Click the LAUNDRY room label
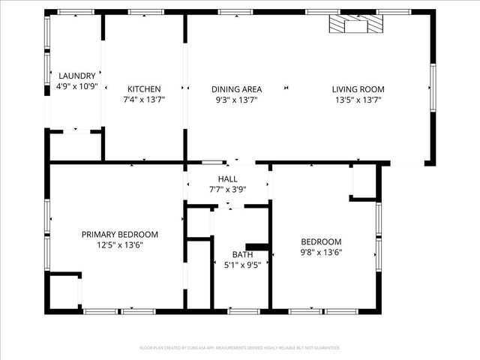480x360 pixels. (77, 76)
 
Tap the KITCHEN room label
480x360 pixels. (143, 88)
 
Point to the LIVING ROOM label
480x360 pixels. (357, 88)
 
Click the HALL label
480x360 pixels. (227, 178)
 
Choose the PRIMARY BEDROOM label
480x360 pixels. (120, 234)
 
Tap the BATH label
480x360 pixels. (242, 254)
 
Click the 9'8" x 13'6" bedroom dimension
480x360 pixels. (321, 252)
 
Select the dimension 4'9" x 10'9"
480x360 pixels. (77, 86)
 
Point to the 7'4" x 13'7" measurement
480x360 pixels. (143, 99)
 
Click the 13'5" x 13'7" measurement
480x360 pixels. (357, 99)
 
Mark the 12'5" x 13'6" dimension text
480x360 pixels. (120, 244)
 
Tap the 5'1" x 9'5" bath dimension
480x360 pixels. (242, 265)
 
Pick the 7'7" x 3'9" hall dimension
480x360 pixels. (227, 190)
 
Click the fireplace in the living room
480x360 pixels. (356, 25)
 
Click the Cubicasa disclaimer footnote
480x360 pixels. (240, 348)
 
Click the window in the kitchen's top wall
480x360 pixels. (140, 12)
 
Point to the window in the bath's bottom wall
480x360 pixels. (244, 310)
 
